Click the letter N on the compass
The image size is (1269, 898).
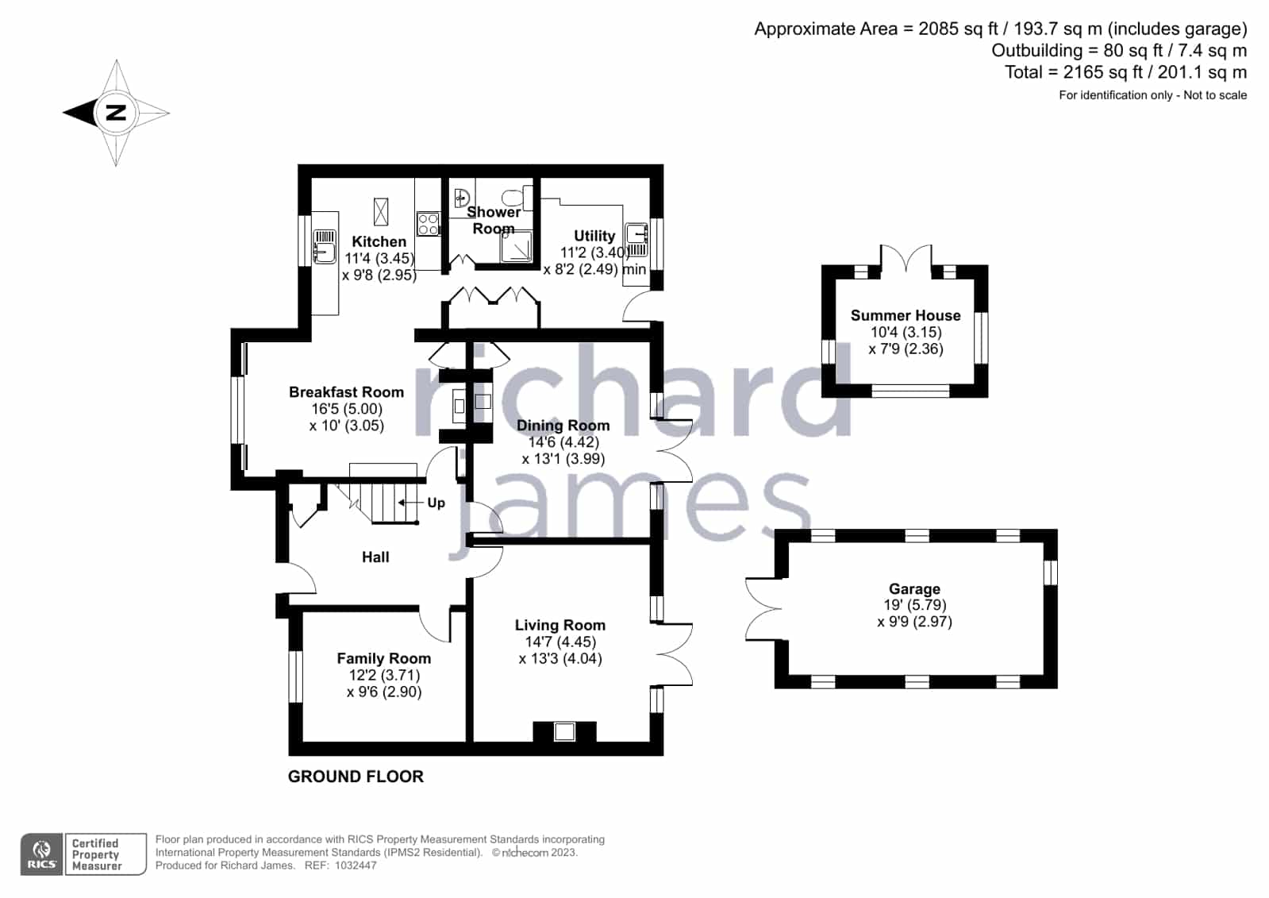(x=116, y=112)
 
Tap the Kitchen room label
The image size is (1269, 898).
(x=379, y=241)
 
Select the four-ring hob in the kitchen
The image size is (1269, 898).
(x=429, y=223)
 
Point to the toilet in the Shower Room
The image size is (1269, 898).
(x=517, y=197)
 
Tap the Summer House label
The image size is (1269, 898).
(x=906, y=316)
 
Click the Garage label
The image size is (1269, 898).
(x=914, y=589)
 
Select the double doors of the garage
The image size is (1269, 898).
(x=763, y=610)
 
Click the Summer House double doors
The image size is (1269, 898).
(x=906, y=259)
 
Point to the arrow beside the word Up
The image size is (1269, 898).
(x=411, y=503)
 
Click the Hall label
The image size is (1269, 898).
(x=375, y=557)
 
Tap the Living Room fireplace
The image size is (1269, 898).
(x=564, y=731)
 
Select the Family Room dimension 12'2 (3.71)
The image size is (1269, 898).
(x=385, y=675)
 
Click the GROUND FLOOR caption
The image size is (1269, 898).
(x=356, y=777)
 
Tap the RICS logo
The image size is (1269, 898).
(x=42, y=854)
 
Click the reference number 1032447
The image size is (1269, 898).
(x=356, y=865)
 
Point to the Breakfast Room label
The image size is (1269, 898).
(x=346, y=392)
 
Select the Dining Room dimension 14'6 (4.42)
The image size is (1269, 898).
(x=563, y=442)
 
